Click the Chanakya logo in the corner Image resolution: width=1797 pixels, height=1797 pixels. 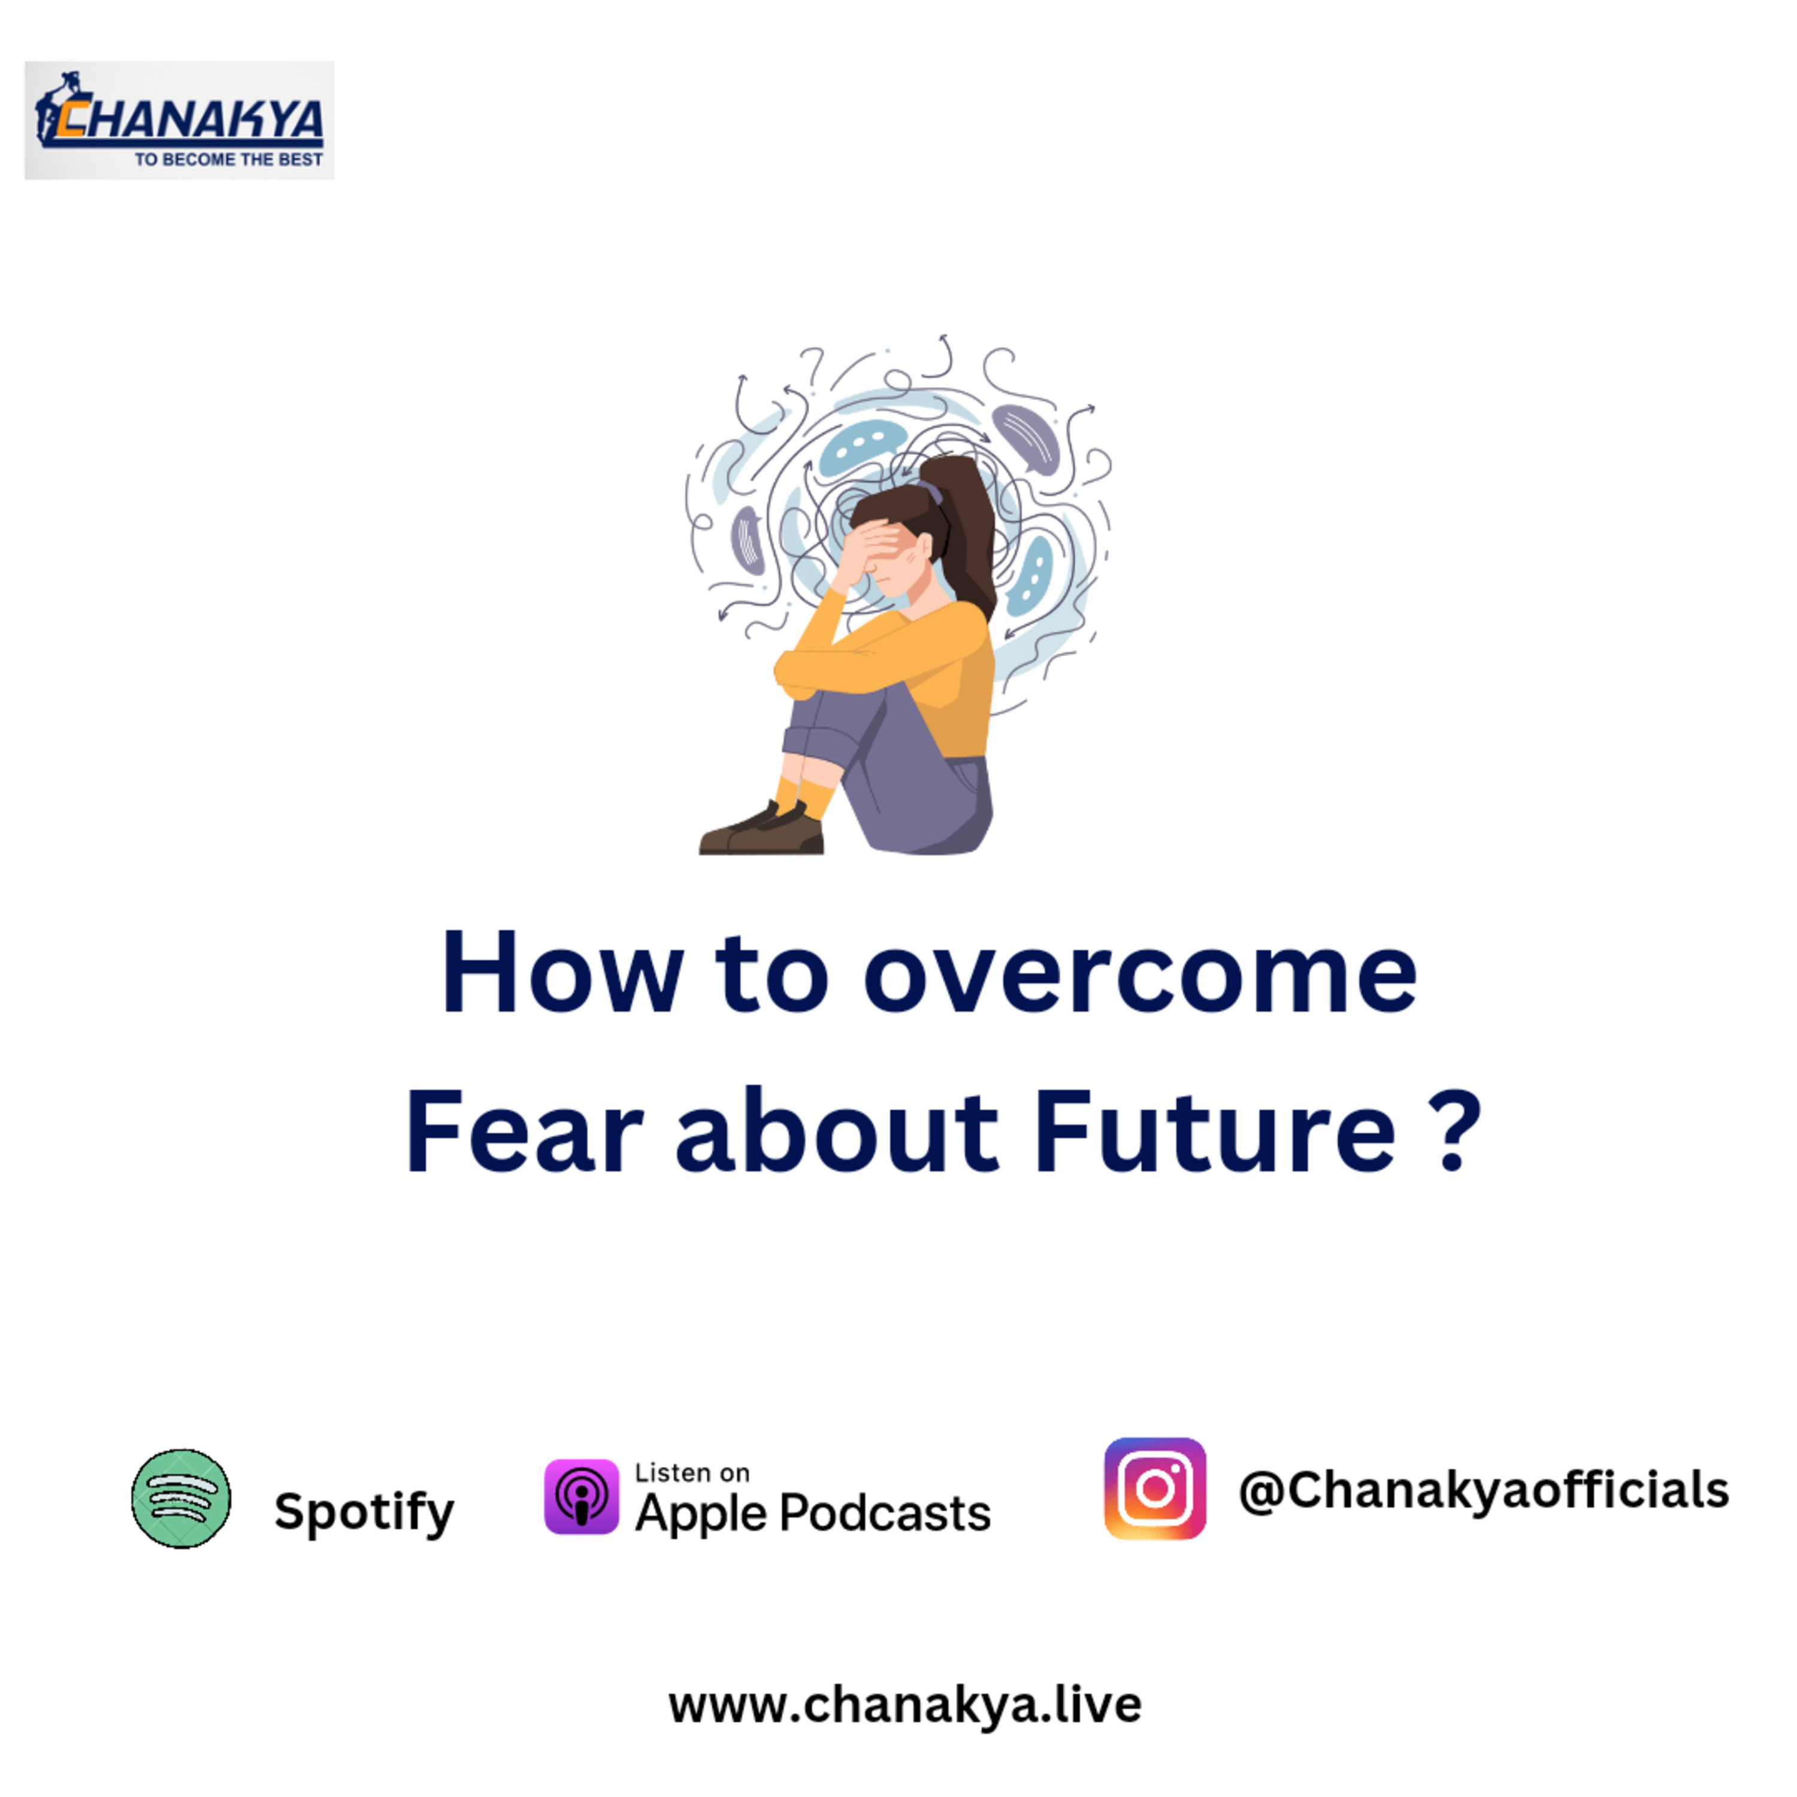(180, 120)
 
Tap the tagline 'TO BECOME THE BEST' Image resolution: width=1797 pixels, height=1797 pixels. (229, 160)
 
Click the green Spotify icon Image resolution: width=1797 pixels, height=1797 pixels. (181, 1499)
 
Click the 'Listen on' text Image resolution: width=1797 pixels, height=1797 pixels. (692, 1474)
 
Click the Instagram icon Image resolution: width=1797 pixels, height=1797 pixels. (1155, 1489)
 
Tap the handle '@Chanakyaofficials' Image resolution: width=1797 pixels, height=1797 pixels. (1484, 1490)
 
